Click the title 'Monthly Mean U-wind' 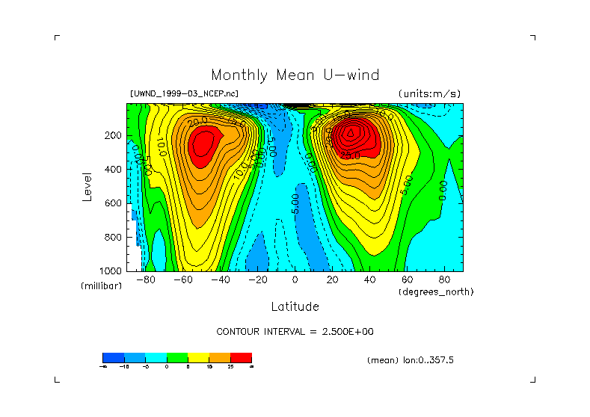tap(295, 75)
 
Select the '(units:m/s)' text tap(429, 94)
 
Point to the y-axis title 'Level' tap(87, 187)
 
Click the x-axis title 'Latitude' tap(295, 306)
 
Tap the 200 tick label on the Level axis tap(113, 136)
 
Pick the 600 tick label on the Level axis tap(113, 203)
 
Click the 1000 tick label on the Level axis tap(110, 271)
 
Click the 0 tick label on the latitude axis tap(295, 280)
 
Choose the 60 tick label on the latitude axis tap(407, 280)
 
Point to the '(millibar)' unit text tap(101, 286)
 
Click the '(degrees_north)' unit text tap(436, 291)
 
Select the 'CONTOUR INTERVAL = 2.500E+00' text tap(295, 331)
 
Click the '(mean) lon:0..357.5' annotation tap(411, 359)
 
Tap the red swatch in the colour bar tap(241, 357)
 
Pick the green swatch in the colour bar tap(176, 357)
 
